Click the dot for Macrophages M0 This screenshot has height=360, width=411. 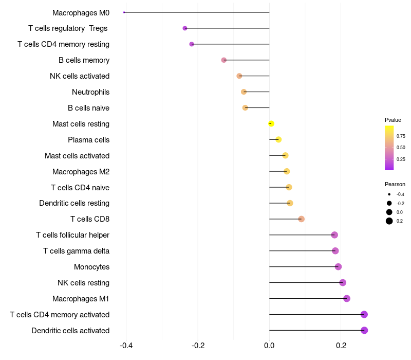(124, 12)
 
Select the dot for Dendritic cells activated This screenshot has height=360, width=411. (364, 330)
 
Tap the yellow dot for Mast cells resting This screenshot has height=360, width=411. (271, 123)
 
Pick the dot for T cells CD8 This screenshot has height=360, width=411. (302, 219)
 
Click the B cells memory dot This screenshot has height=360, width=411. (224, 60)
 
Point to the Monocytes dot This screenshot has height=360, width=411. (338, 266)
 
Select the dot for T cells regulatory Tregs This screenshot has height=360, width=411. (185, 28)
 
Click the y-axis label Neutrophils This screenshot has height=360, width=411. (90, 92)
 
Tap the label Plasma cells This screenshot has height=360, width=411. (88, 140)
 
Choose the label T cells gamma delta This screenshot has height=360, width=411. (76, 251)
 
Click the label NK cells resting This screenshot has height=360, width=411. (83, 283)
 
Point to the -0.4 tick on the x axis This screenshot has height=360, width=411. (126, 346)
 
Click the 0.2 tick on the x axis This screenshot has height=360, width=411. (341, 346)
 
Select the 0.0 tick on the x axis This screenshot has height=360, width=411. (269, 346)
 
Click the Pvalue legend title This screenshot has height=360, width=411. (393, 120)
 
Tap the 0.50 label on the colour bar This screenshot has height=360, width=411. (401, 148)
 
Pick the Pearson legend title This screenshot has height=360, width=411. (395, 184)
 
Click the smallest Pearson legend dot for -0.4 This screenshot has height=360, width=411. (389, 194)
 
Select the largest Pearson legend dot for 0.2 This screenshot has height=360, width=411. (389, 221)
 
